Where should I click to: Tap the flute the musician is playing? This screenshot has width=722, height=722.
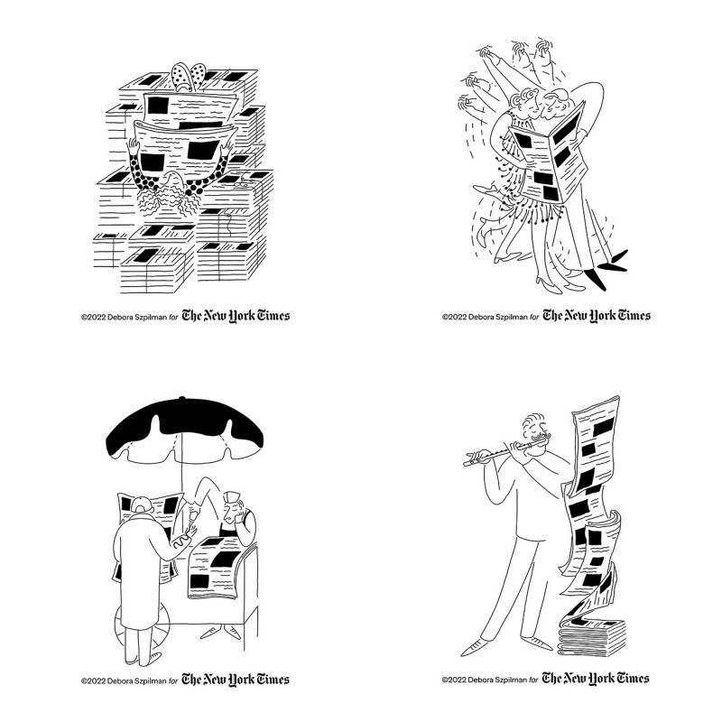506,451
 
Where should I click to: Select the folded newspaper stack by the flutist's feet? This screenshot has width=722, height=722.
592,636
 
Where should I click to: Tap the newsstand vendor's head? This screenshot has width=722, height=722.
233,506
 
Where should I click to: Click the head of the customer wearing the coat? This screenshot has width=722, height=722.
142,505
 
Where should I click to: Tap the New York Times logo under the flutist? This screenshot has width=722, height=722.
596,679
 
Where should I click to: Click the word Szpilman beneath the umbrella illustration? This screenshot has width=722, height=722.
149,681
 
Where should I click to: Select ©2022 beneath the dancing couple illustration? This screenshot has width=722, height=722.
454,317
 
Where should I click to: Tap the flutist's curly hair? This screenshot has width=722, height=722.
533,422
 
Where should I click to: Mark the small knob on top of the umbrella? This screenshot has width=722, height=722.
182,397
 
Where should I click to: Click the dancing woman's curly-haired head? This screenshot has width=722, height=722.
524,101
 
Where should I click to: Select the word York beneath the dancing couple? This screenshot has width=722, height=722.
602,316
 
